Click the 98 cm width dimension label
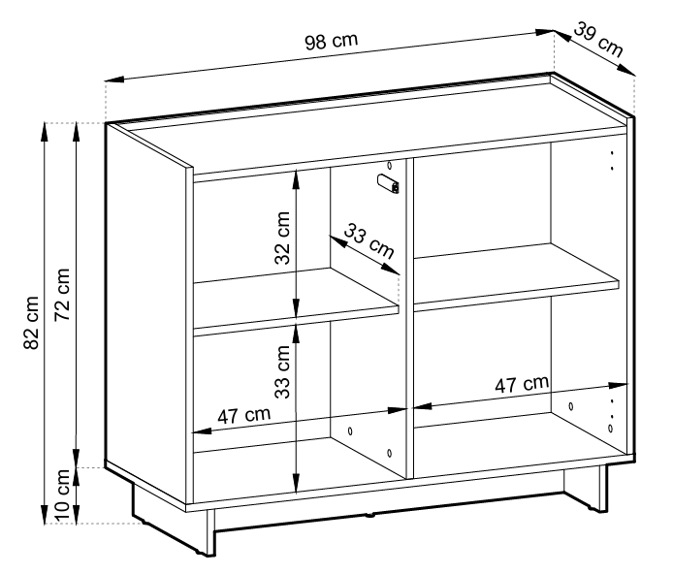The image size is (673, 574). pos(331,41)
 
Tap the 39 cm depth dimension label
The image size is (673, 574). pos(598,40)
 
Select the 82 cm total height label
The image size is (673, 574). pos(31,322)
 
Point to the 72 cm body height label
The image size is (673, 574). pos(62,295)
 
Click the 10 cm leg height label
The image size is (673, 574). pos(62,495)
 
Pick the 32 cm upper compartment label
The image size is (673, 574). pos(282,239)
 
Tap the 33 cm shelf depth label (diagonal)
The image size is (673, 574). pos(369,241)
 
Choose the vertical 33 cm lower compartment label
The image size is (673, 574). pos(282,372)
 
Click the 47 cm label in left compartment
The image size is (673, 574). pos(243,415)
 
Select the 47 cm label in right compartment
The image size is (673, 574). pos(522,384)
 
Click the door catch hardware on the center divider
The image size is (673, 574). pos(389,183)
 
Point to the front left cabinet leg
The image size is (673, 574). pos(210,533)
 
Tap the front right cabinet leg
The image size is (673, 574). pos(603,489)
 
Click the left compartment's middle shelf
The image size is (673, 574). pos(296,301)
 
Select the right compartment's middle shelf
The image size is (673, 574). pos(516,276)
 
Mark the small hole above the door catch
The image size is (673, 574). pos(390,165)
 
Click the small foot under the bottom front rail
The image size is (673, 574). pos(370,514)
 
